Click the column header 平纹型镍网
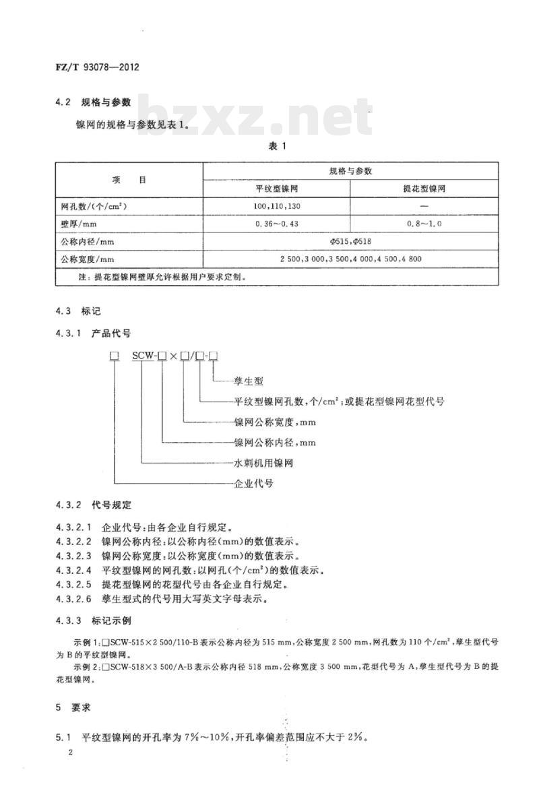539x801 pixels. pos(276,189)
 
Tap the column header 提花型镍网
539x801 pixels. pos(424,189)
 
